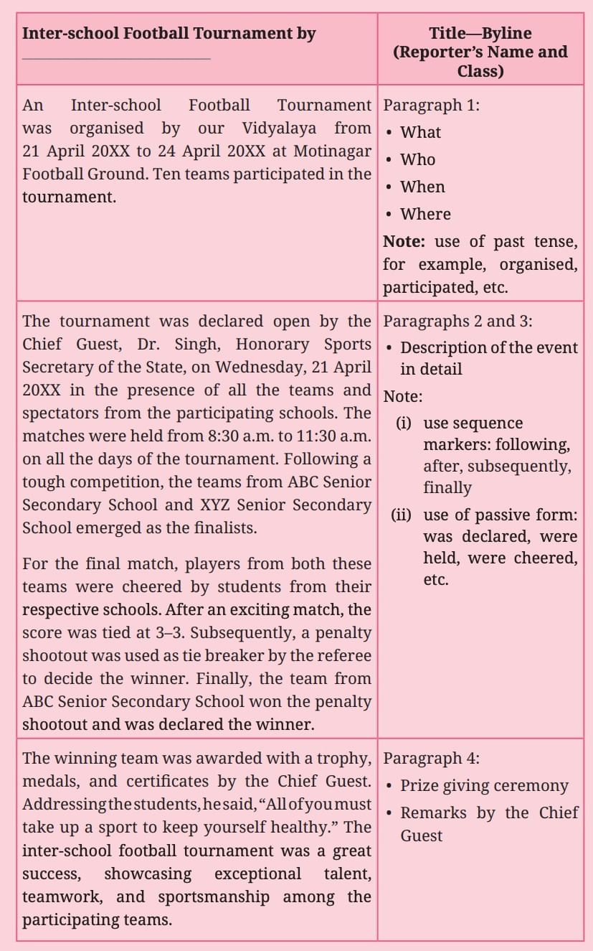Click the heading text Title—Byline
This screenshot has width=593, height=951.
[480, 33]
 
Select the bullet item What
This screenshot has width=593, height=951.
[420, 132]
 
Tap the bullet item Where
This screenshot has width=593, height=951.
[425, 214]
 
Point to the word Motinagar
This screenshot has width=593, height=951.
[336, 151]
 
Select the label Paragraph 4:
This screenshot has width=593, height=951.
[432, 759]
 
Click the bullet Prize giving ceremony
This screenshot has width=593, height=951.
[484, 786]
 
